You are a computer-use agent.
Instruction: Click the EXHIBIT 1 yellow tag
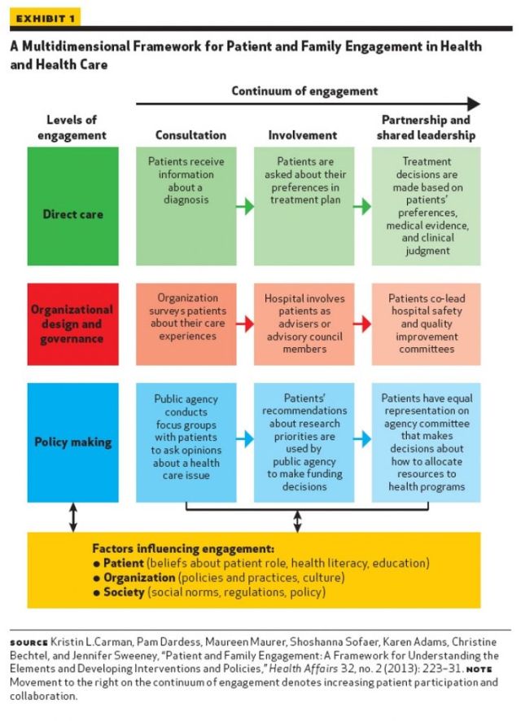point(41,19)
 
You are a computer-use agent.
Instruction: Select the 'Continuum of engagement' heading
point(304,91)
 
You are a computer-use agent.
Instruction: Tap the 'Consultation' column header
point(190,134)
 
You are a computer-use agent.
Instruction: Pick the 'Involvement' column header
point(302,134)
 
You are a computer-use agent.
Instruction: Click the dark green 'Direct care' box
point(72,215)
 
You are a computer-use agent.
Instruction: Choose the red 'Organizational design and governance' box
point(72,323)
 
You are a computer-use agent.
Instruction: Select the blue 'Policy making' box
point(72,442)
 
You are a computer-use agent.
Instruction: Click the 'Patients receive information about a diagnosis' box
point(186,205)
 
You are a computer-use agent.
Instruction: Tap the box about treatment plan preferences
point(304,205)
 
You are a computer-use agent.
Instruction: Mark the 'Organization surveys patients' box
point(186,323)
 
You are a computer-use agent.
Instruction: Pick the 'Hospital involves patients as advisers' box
point(304,323)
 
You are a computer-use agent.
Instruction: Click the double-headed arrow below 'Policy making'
point(73,517)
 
